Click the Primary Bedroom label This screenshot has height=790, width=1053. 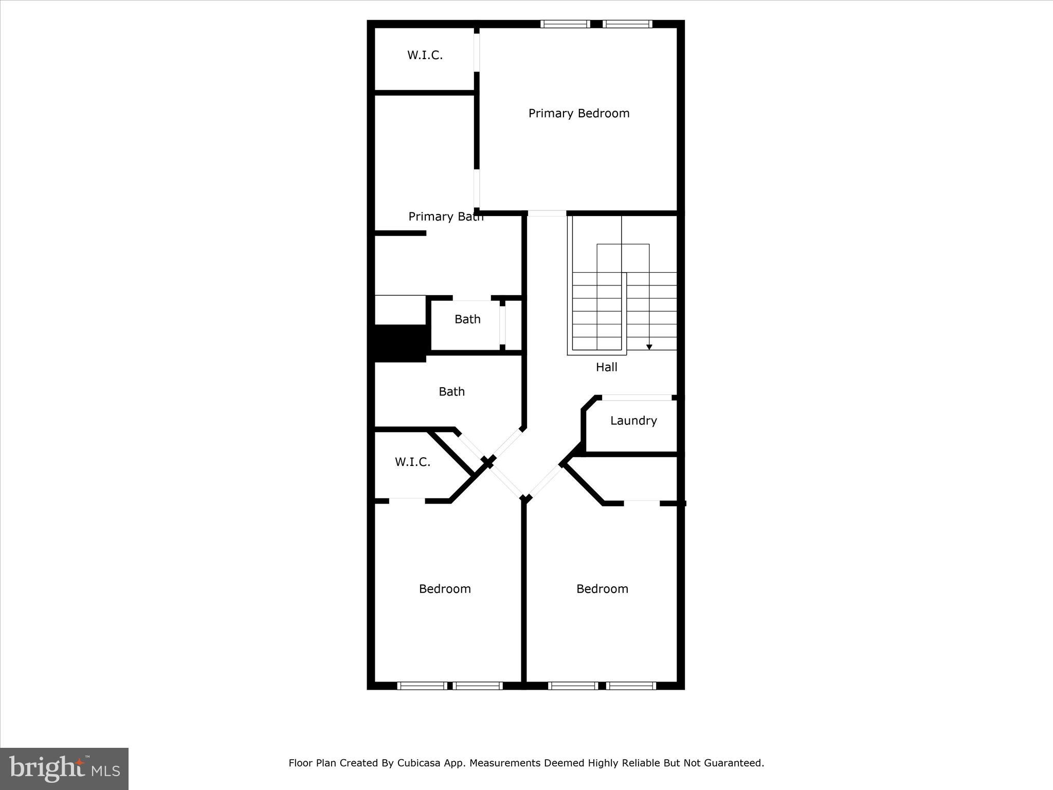pyautogui.click(x=579, y=113)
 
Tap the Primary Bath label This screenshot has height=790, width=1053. pyautogui.click(x=445, y=217)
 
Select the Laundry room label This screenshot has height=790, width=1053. pyautogui.click(x=633, y=421)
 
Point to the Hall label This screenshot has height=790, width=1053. pyautogui.click(x=606, y=367)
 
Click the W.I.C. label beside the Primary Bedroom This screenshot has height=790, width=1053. pyautogui.click(x=425, y=55)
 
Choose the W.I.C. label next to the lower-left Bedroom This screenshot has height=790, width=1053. pyautogui.click(x=412, y=462)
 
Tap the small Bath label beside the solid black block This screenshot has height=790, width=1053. pyautogui.click(x=467, y=319)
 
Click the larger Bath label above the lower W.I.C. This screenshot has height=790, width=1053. pyautogui.click(x=451, y=392)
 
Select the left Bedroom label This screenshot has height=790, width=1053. pyautogui.click(x=445, y=589)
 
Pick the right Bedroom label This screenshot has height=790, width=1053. pyautogui.click(x=602, y=589)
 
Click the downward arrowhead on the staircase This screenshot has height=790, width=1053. pyautogui.click(x=649, y=347)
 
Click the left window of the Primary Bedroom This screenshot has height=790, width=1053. pyautogui.click(x=565, y=24)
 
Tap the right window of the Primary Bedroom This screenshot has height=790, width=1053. pyautogui.click(x=627, y=24)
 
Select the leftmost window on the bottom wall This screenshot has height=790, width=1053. pyautogui.click(x=422, y=686)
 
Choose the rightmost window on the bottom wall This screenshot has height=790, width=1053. pyautogui.click(x=631, y=686)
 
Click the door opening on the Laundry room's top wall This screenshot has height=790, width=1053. pyautogui.click(x=637, y=398)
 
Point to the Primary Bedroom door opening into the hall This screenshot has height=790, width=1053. pyautogui.click(x=547, y=213)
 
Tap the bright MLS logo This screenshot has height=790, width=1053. pyautogui.click(x=64, y=768)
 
